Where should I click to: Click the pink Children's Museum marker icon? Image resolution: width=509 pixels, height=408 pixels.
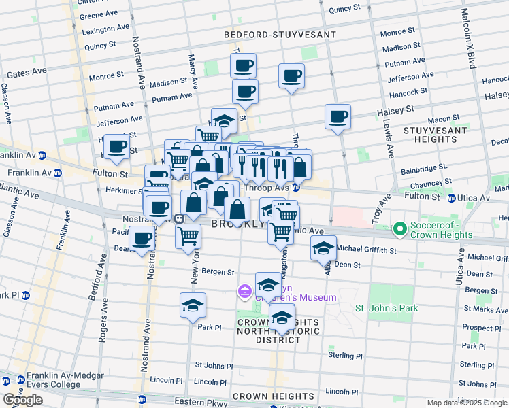244,292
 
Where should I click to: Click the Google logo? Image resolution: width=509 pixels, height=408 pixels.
22,400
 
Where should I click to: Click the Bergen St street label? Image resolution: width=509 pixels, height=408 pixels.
218,272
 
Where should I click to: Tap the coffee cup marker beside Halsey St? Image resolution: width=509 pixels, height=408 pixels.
338,117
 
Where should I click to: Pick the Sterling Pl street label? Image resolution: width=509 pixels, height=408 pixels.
345,356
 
